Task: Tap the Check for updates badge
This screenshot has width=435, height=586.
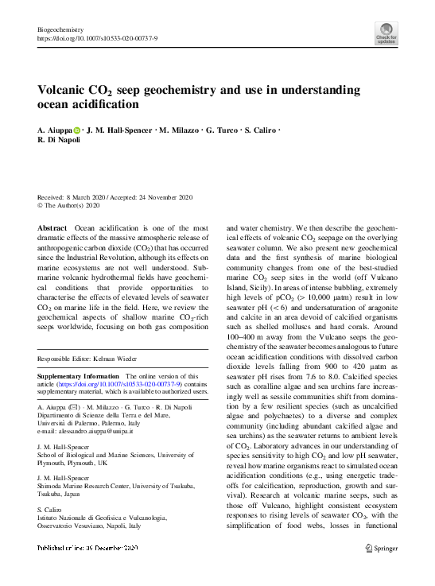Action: tap(386, 33)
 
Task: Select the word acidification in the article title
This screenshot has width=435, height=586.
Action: tap(106, 104)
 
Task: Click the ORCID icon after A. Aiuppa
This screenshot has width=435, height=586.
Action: tap(77, 130)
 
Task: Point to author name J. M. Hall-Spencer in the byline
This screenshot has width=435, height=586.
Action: tap(119, 130)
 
